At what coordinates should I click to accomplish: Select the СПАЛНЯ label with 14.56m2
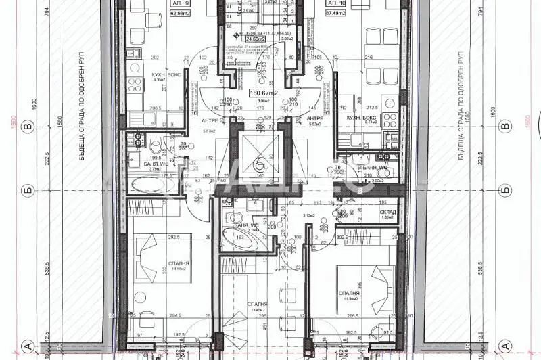(x=180, y=263)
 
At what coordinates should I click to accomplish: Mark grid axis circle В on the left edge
(x=28, y=126)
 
